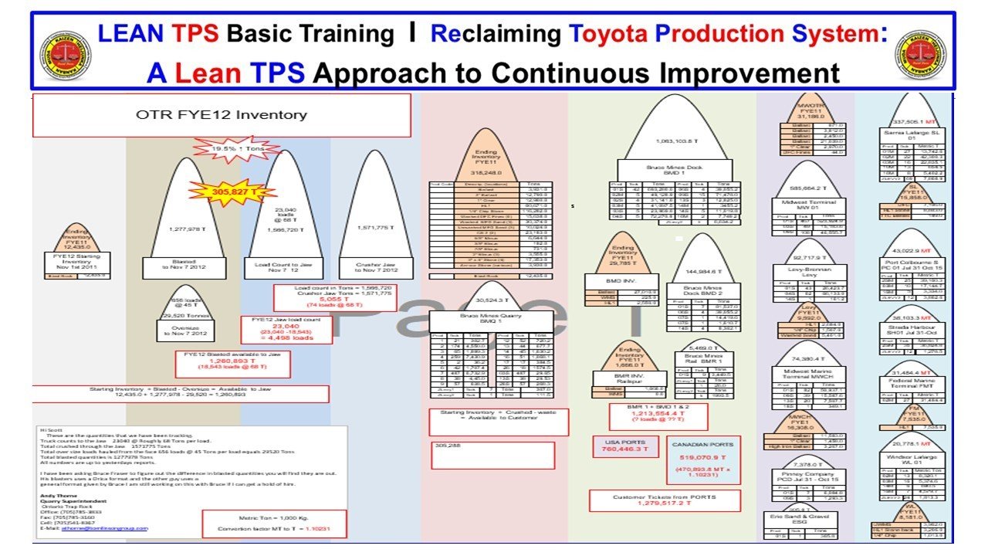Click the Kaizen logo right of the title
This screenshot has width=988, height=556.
tap(920, 54)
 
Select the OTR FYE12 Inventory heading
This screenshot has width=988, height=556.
tap(221, 115)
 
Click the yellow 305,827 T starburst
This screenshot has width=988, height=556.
tap(236, 191)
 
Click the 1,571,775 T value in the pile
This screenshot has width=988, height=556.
tap(375, 229)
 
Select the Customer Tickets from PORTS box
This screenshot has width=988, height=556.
tap(659, 500)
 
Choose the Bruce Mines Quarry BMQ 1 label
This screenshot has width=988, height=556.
tap(490, 320)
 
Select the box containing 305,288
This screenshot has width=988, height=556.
tap(492, 454)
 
